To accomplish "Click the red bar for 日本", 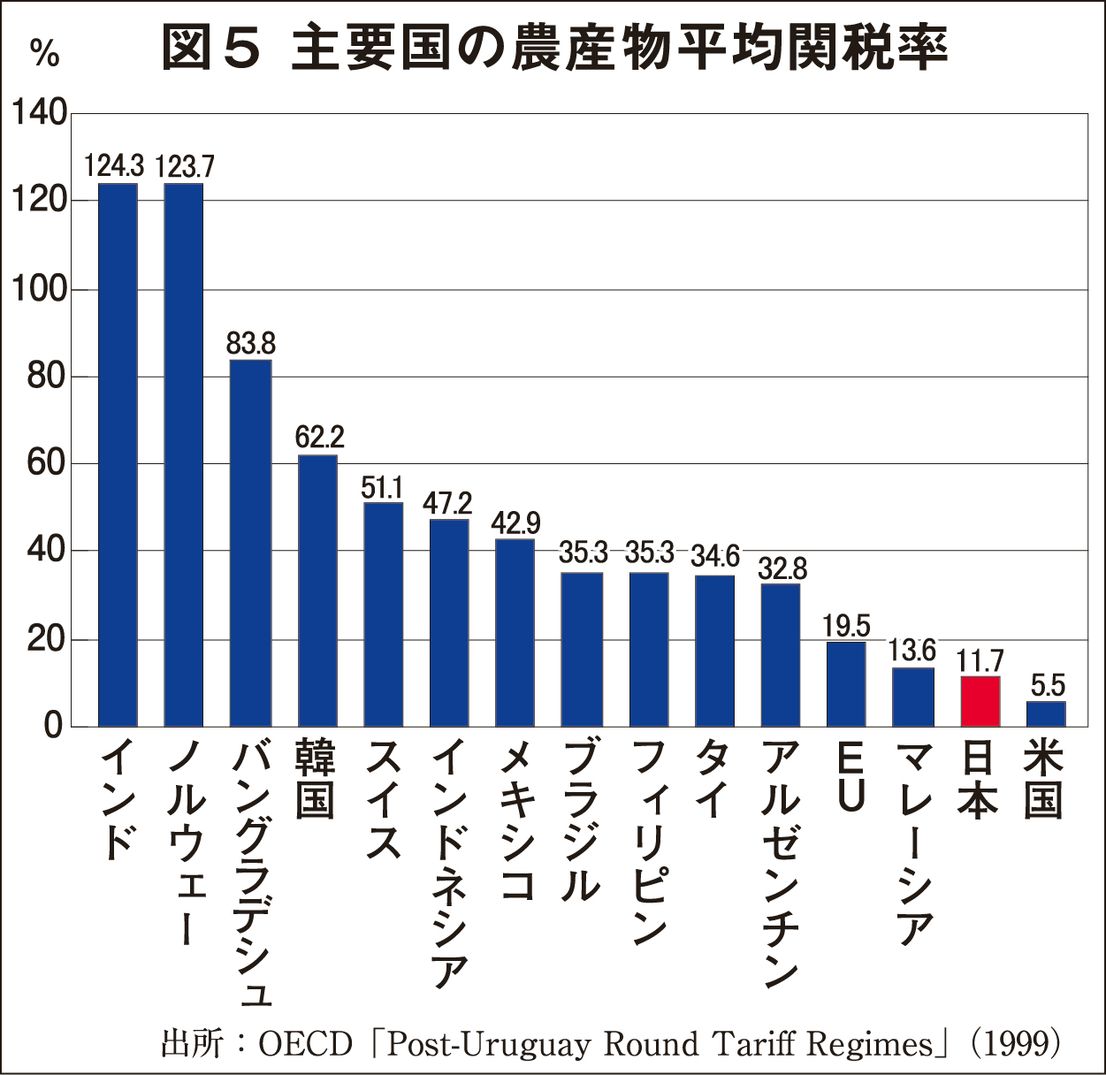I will pyautogui.click(x=980, y=701).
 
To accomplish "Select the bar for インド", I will pyautogui.click(x=118, y=455).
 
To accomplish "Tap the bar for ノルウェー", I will pyautogui.click(x=184, y=455).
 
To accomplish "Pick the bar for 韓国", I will pyautogui.click(x=317, y=591).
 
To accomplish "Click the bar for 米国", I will pyautogui.click(x=1046, y=713).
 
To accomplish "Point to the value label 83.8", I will pyautogui.click(x=251, y=342).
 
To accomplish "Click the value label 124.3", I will pyautogui.click(x=115, y=165).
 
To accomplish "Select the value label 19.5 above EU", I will pyautogui.click(x=846, y=626).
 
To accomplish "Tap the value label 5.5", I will pyautogui.click(x=1048, y=685).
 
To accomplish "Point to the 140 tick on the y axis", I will pyautogui.click(x=39, y=113).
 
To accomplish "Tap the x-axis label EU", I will pyautogui.click(x=848, y=778).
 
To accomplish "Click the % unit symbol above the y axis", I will pyautogui.click(x=44, y=53).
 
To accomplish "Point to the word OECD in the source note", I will pyautogui.click(x=305, y=1044).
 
